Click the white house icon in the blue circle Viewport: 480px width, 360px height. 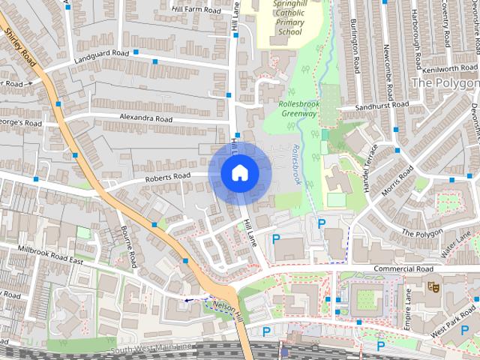239,172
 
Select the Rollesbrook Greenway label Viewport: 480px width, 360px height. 299,109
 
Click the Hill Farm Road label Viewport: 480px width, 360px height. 196,10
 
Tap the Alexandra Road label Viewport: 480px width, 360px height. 145,118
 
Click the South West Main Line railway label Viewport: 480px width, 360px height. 150,348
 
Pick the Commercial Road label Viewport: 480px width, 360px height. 404,268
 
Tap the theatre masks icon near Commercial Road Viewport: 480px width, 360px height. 432,286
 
